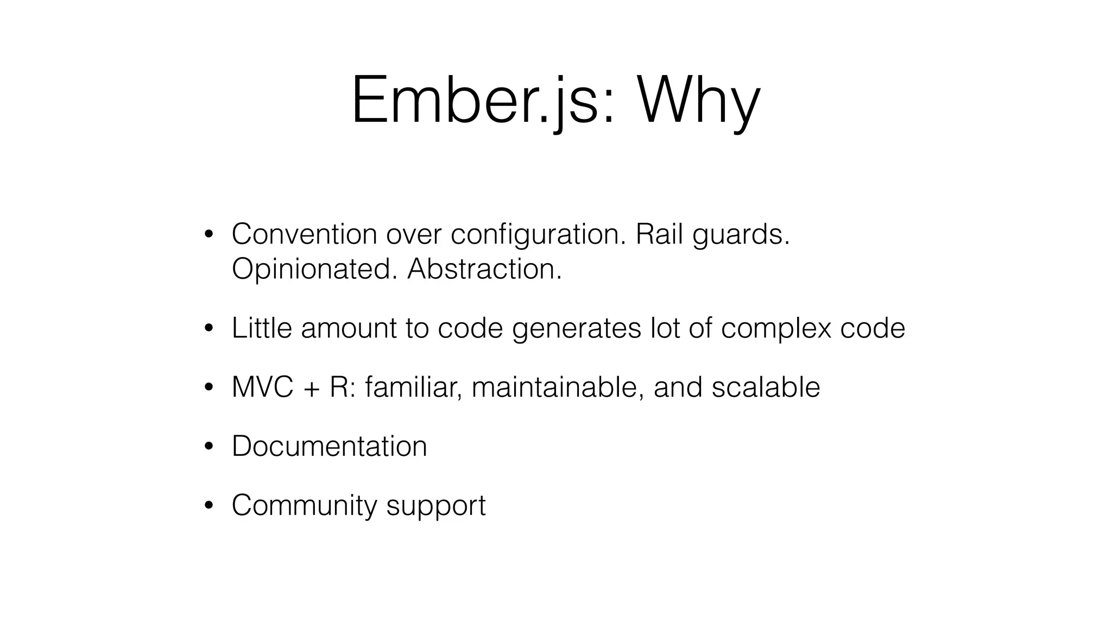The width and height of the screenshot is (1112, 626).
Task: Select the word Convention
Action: click(304, 234)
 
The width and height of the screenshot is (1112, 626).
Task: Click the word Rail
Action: click(659, 234)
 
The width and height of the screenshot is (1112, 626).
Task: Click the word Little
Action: click(262, 328)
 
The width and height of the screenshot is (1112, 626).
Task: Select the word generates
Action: click(577, 329)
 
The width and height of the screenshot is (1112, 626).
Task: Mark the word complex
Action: click(776, 329)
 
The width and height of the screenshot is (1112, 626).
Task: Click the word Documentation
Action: click(329, 446)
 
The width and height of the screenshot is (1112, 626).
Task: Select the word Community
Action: click(304, 505)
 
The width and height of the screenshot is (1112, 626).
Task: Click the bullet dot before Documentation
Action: click(208, 447)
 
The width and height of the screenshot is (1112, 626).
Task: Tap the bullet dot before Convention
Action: click(208, 235)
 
